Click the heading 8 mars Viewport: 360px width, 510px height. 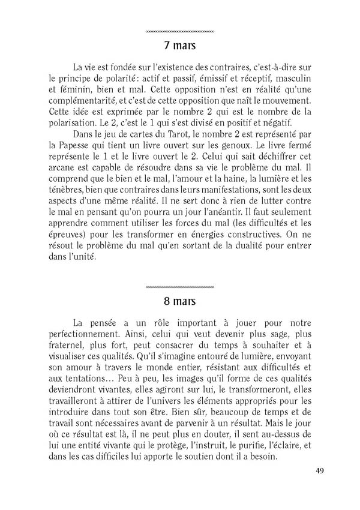coord(180,299)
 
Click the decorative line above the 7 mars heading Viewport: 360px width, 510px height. coord(180,31)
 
